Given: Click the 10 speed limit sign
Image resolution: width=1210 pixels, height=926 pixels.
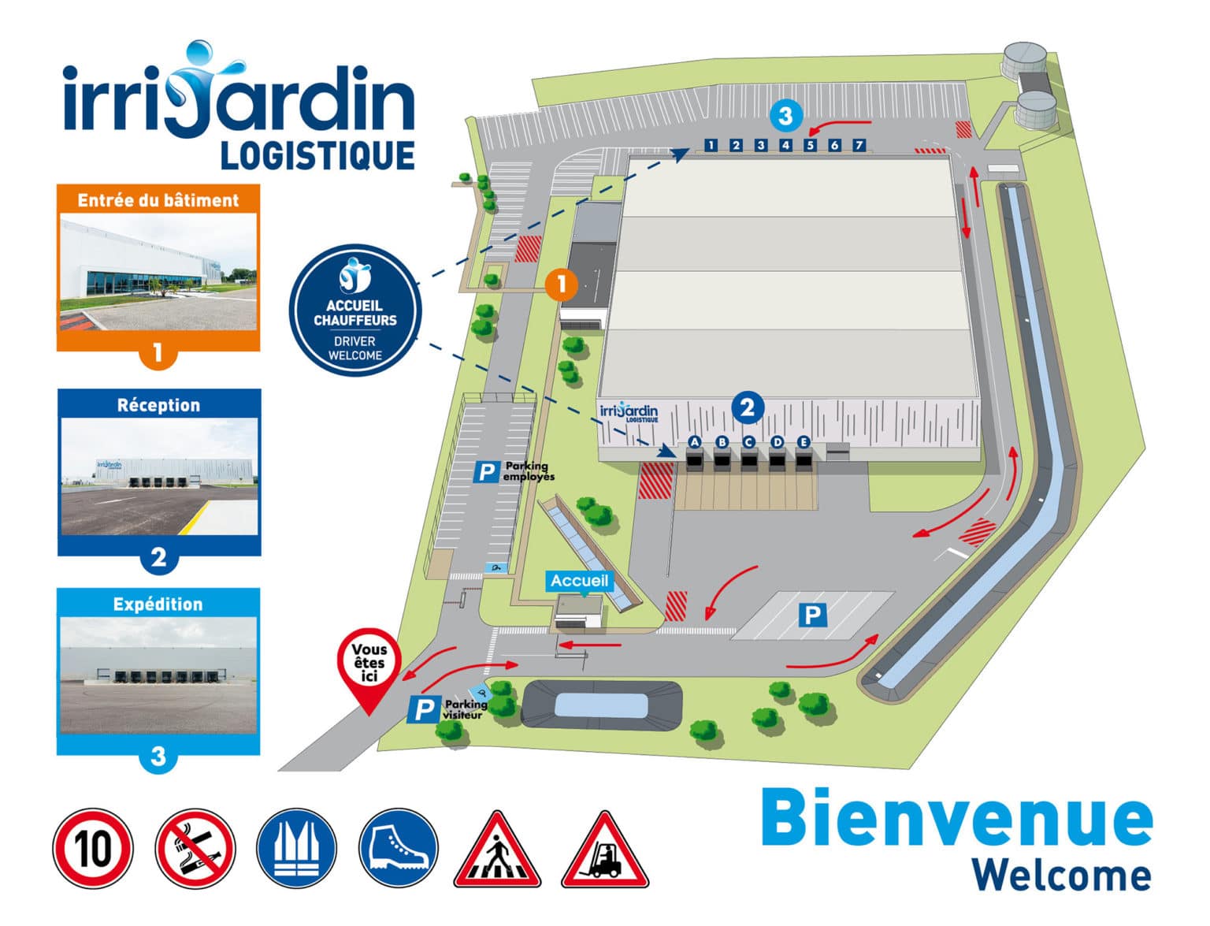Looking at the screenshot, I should [x=93, y=849].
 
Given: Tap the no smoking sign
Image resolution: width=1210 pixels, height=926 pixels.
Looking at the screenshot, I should [x=195, y=849].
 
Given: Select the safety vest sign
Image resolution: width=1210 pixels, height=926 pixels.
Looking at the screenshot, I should [x=296, y=849].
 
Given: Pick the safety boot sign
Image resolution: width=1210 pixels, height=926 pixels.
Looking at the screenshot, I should [x=398, y=849].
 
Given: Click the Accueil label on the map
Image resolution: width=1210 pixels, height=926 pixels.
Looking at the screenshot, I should [x=579, y=581].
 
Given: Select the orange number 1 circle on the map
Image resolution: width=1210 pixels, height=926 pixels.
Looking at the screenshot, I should [x=561, y=284].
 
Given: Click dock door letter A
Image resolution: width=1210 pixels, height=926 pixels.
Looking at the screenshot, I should [x=694, y=442].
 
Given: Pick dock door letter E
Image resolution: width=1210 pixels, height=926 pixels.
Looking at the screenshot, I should [x=804, y=442].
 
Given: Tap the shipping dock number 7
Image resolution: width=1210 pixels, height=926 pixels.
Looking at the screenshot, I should [x=859, y=145].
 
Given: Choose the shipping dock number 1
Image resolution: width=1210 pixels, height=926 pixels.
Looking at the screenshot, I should [x=711, y=145].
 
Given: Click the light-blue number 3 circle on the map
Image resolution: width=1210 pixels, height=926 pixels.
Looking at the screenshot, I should [x=785, y=117].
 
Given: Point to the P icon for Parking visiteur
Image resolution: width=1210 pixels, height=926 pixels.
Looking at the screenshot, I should [x=423, y=710].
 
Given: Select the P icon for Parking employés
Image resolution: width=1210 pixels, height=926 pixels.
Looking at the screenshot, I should [x=486, y=472].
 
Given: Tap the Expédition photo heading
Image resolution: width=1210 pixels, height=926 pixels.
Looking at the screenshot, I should [x=158, y=604].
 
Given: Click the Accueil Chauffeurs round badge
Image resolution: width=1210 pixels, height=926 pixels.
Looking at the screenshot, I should [x=355, y=310].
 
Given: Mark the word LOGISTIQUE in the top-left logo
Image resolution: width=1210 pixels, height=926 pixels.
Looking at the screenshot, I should [x=317, y=155].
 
